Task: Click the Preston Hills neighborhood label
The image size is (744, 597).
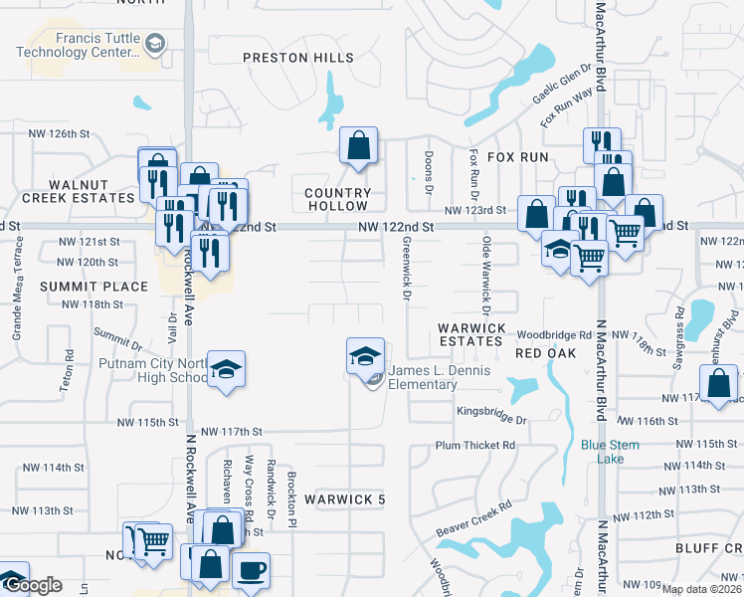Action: point(298,58)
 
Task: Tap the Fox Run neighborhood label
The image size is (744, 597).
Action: point(517,157)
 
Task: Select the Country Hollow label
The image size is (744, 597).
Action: point(338,200)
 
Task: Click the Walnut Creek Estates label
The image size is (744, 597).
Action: point(78,191)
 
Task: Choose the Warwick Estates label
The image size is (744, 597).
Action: point(472,334)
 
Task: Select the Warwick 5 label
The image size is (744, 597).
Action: point(344,498)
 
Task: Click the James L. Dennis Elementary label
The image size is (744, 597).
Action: point(438,378)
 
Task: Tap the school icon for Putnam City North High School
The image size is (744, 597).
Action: point(227,370)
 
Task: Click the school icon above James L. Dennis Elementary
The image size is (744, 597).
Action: point(365,355)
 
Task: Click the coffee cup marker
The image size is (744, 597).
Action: point(251,570)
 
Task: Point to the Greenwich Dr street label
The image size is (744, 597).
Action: point(407,267)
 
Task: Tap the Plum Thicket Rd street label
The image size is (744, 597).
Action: point(475,445)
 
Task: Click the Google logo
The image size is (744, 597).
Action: point(33,586)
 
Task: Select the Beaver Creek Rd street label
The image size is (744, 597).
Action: point(473,519)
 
